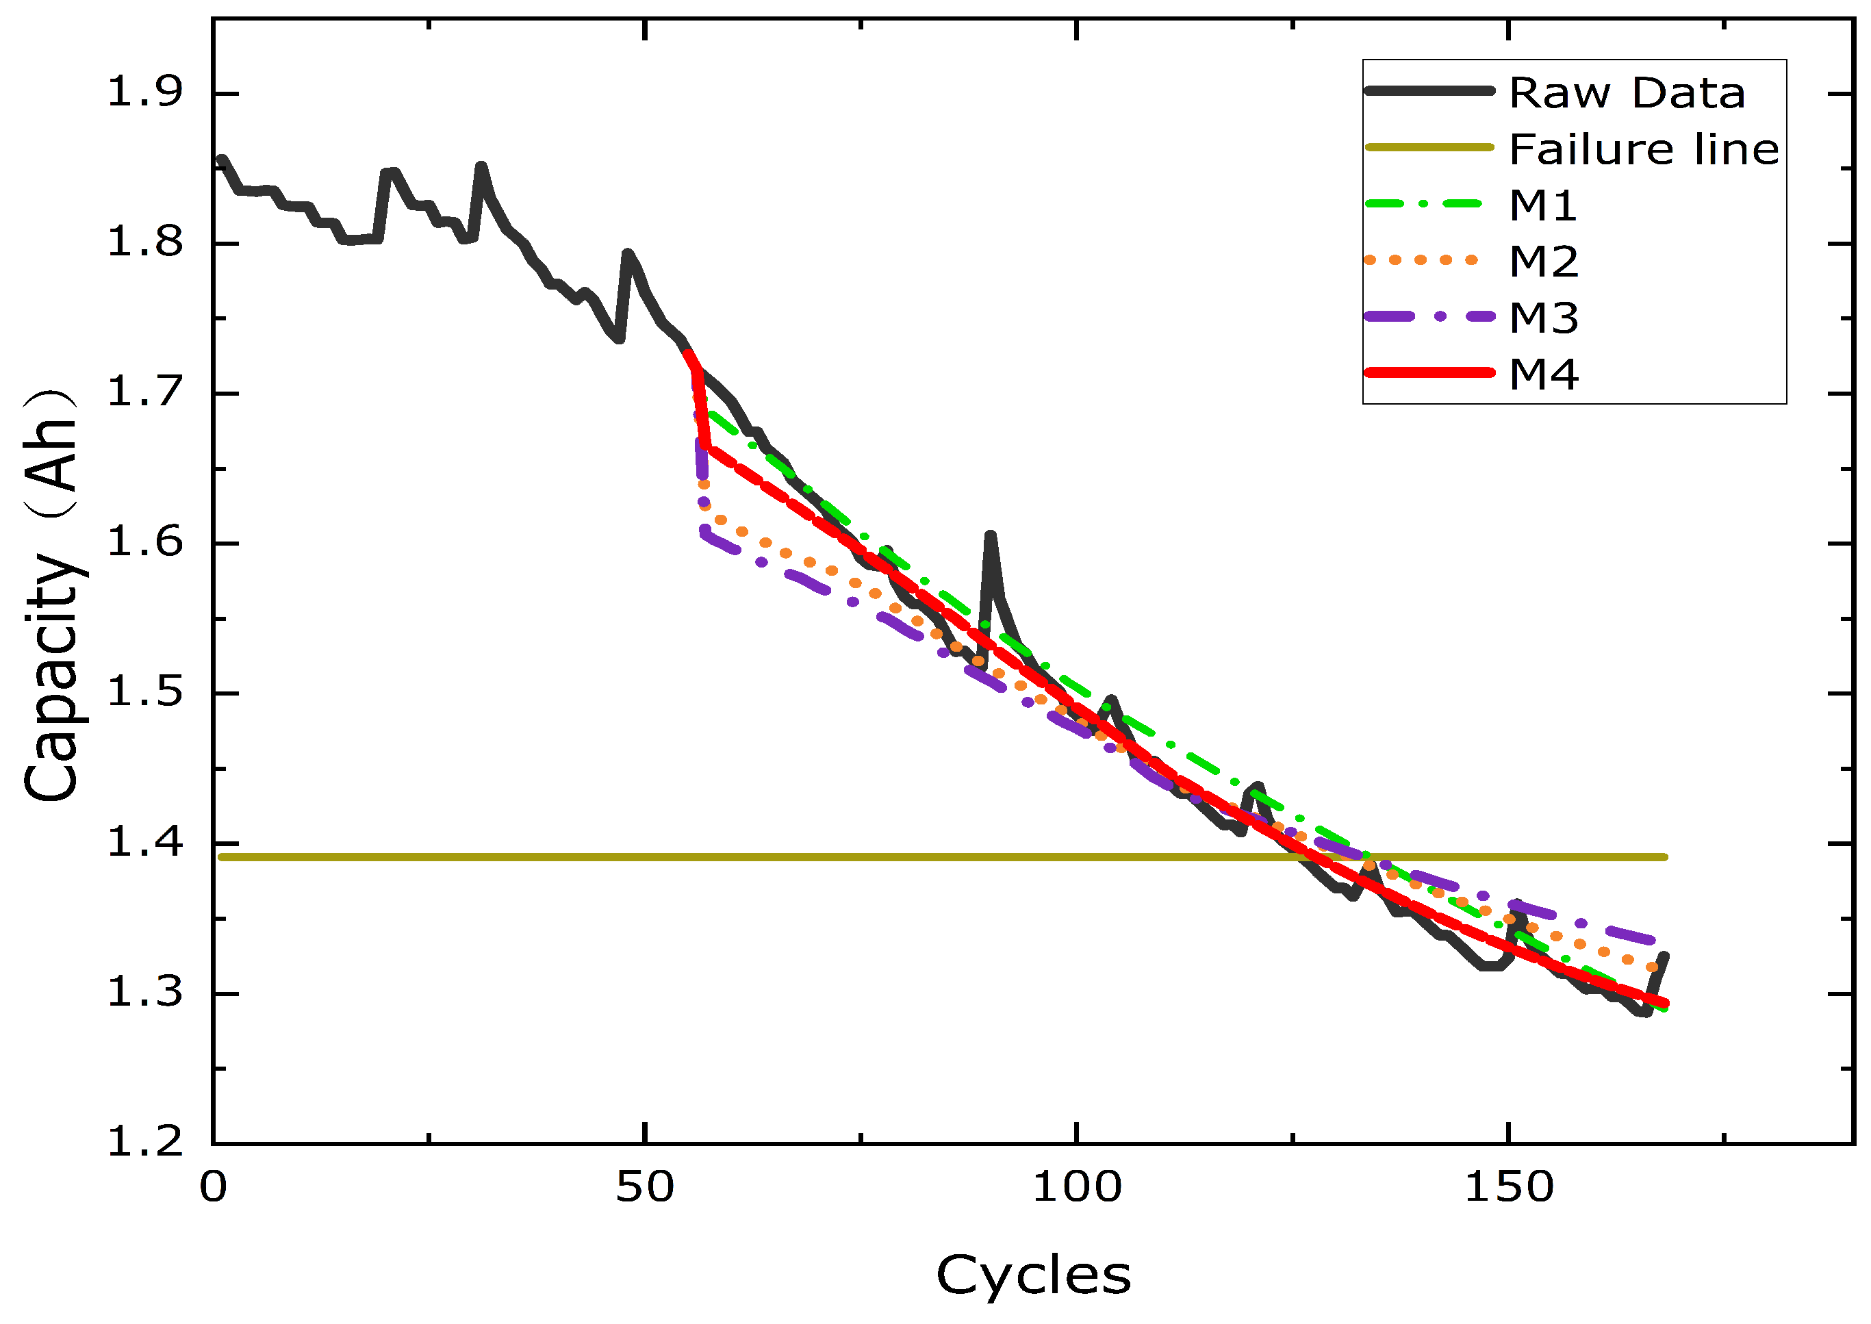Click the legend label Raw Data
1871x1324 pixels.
(x=1627, y=92)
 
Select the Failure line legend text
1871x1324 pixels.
(x=1644, y=149)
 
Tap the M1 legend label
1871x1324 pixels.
(x=1542, y=205)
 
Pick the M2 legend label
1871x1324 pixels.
(x=1543, y=262)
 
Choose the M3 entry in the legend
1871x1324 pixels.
(x=1543, y=317)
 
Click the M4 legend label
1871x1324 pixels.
(x=1543, y=374)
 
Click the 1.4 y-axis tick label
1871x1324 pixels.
(x=145, y=842)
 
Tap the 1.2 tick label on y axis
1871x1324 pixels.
(x=145, y=1142)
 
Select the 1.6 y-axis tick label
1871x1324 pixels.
(x=145, y=542)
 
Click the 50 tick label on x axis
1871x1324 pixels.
(x=644, y=1188)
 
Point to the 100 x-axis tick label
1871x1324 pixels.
(x=1076, y=1188)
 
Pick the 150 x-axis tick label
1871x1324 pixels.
(x=1508, y=1188)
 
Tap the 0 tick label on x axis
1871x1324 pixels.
(x=213, y=1188)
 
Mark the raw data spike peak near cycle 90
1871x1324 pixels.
(x=990, y=535)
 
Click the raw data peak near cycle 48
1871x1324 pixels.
(x=627, y=253)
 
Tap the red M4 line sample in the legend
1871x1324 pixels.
(x=1429, y=372)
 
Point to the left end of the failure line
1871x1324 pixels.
(x=222, y=857)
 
